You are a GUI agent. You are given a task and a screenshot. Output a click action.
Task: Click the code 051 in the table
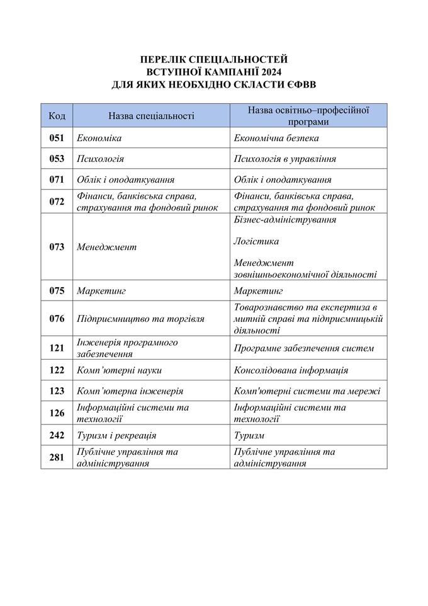pyautogui.click(x=57, y=137)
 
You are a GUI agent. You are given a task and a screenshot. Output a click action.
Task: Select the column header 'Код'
pyautogui.click(x=57, y=116)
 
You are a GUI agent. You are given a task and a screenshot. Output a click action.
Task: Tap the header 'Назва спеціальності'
pyautogui.click(x=151, y=116)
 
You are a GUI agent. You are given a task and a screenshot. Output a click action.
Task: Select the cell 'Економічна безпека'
pyautogui.click(x=276, y=137)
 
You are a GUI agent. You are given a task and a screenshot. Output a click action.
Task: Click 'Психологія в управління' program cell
pyautogui.click(x=284, y=159)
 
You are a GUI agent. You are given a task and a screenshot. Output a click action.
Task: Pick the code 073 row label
pyautogui.click(x=57, y=247)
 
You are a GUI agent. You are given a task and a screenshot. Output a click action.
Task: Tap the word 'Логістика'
pyautogui.click(x=256, y=241)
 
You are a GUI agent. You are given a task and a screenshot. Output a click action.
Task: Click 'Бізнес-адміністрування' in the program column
pyautogui.click(x=284, y=220)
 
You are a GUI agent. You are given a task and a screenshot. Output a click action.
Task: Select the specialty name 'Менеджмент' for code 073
pyautogui.click(x=106, y=247)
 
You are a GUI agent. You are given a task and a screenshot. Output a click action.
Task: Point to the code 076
pyautogui.click(x=57, y=319)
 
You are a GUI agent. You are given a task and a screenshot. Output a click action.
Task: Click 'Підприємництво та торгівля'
pyautogui.click(x=140, y=319)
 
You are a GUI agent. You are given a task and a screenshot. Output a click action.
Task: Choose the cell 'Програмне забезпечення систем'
pyautogui.click(x=303, y=348)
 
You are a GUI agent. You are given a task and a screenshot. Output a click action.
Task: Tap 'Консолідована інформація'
pyautogui.click(x=291, y=370)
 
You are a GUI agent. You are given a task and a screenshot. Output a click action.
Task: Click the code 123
pyautogui.click(x=57, y=391)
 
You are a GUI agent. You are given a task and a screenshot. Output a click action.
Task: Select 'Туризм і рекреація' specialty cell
pyautogui.click(x=116, y=435)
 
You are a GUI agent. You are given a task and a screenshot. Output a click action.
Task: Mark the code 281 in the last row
pyautogui.click(x=57, y=457)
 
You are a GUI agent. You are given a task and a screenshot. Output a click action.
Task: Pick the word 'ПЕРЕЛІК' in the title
pyautogui.click(x=164, y=60)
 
